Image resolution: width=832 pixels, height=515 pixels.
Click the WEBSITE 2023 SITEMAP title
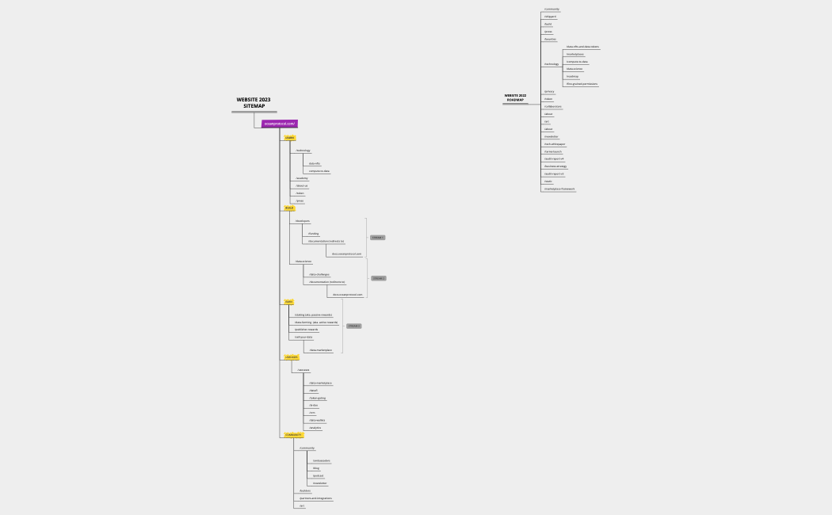(x=254, y=103)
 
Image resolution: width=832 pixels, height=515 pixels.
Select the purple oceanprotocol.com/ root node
(x=280, y=124)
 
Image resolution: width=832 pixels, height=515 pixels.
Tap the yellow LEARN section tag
(x=289, y=138)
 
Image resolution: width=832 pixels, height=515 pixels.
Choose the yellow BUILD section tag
(x=289, y=208)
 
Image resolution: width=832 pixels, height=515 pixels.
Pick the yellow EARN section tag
(x=289, y=302)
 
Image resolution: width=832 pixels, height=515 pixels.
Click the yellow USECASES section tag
(x=292, y=357)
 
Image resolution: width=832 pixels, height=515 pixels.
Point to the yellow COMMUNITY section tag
(x=293, y=435)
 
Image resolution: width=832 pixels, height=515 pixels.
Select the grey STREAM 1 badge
(x=377, y=238)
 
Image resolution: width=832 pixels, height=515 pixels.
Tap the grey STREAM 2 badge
(x=378, y=278)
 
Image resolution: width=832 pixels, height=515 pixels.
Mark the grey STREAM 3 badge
(x=353, y=326)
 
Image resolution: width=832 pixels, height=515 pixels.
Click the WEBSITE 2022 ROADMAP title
(x=515, y=97)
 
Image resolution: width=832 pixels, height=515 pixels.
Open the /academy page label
(x=301, y=178)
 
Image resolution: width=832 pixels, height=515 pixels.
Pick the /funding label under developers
(x=314, y=234)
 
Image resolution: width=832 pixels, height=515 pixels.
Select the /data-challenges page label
(x=319, y=274)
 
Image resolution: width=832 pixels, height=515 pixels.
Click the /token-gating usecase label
(x=317, y=398)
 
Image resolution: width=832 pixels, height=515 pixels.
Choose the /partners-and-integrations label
(x=315, y=498)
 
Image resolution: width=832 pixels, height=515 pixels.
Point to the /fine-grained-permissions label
(x=582, y=83)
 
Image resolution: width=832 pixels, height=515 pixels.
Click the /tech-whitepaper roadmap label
(x=554, y=143)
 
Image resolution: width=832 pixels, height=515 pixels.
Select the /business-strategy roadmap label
(x=555, y=166)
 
